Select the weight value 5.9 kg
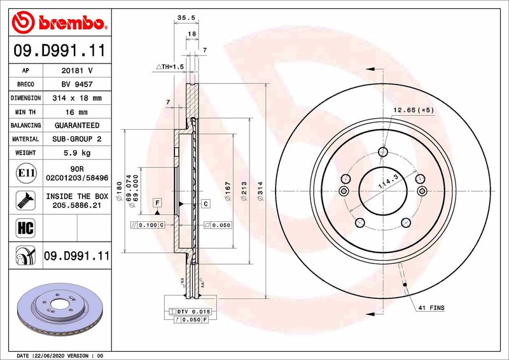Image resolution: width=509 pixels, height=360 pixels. [x=76, y=153]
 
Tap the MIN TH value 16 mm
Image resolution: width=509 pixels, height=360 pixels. [x=76, y=112]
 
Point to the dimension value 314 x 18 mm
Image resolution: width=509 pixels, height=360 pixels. [x=76, y=98]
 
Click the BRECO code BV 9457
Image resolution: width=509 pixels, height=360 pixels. [x=76, y=84]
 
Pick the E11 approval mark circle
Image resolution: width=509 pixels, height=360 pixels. [x=24, y=171]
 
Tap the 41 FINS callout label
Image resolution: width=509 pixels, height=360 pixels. [x=431, y=308]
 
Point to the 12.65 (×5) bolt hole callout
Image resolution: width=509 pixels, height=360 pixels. [x=413, y=110]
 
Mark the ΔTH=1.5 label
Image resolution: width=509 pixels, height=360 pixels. [x=169, y=66]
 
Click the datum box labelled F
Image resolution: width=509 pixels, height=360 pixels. [x=157, y=202]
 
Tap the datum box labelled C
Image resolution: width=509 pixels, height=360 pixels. [x=206, y=204]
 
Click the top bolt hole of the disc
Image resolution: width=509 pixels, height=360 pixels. [x=382, y=151]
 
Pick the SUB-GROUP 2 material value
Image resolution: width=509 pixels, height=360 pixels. [x=76, y=139]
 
